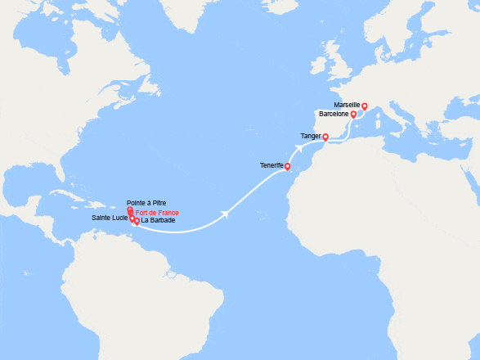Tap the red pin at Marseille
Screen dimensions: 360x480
(x=365, y=106)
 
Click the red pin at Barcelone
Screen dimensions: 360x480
(x=353, y=115)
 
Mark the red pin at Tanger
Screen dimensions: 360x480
(x=325, y=137)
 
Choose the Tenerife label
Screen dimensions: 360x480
(x=271, y=166)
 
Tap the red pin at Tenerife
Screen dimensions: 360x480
(x=287, y=167)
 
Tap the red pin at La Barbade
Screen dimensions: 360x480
(x=137, y=221)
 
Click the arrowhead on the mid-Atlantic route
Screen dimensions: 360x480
(x=225, y=215)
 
